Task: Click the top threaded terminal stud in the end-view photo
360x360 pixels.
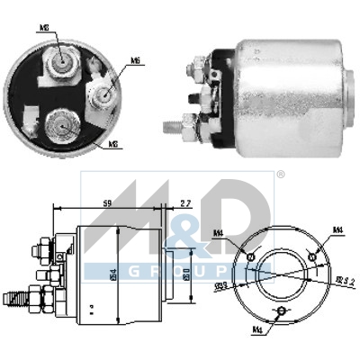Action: pos(63,60)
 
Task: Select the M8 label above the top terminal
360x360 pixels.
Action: pos(44,29)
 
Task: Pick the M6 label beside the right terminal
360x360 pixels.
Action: pos(135,61)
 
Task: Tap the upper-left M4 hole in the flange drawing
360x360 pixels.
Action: pos(252,257)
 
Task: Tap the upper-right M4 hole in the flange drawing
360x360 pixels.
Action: pos(311,257)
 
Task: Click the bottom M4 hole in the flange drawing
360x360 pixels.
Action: pos(282,310)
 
